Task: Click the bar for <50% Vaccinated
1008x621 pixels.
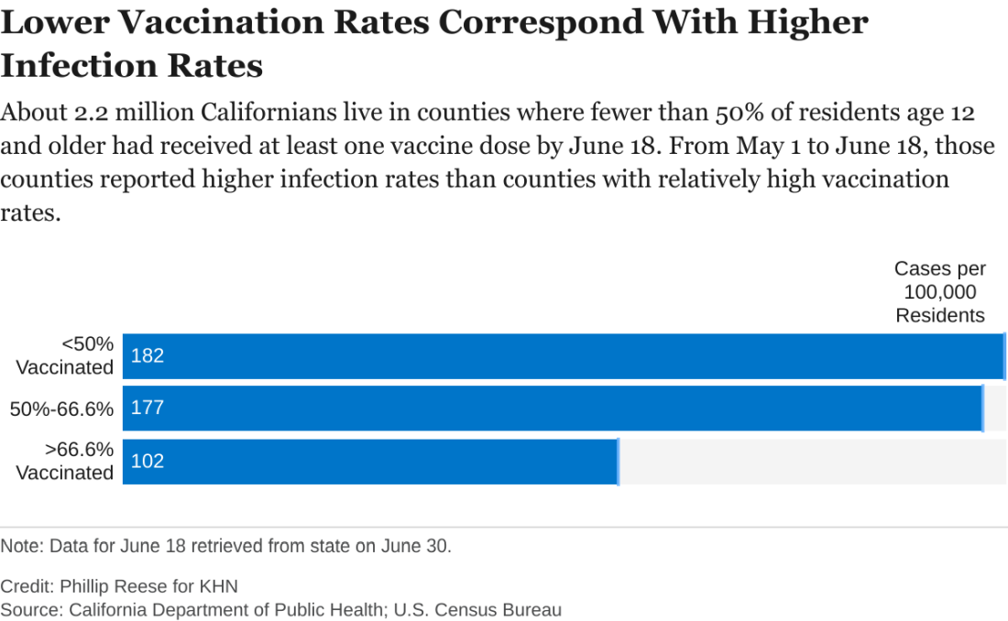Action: click(564, 355)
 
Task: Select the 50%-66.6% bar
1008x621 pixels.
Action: click(553, 408)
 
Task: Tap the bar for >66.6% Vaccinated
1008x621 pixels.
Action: click(370, 461)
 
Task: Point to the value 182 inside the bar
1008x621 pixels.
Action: click(148, 355)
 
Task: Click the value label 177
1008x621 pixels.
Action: click(148, 408)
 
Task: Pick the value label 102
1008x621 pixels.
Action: click(148, 461)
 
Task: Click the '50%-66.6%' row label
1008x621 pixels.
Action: click(62, 409)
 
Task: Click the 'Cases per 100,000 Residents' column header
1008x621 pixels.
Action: click(939, 292)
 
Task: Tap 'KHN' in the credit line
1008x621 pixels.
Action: click(218, 586)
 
